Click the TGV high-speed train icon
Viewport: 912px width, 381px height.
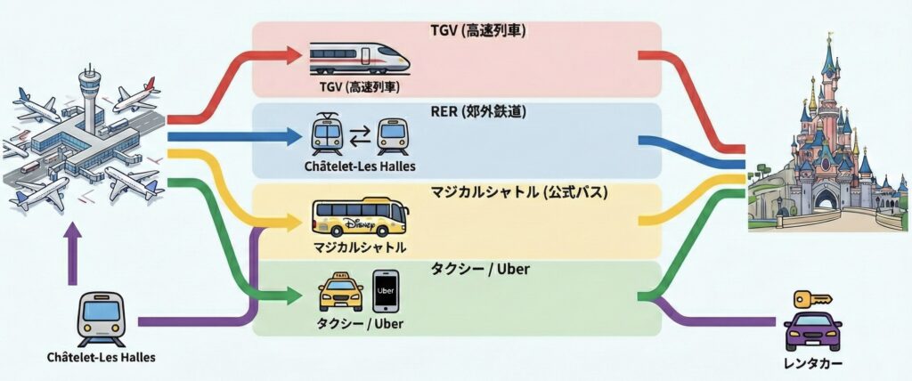coord(359,59)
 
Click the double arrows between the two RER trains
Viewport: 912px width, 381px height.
coord(360,137)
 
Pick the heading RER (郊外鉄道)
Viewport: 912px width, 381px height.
coord(457,112)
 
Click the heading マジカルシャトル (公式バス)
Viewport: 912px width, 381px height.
coord(457,191)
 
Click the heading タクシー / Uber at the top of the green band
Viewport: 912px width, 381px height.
coord(457,269)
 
